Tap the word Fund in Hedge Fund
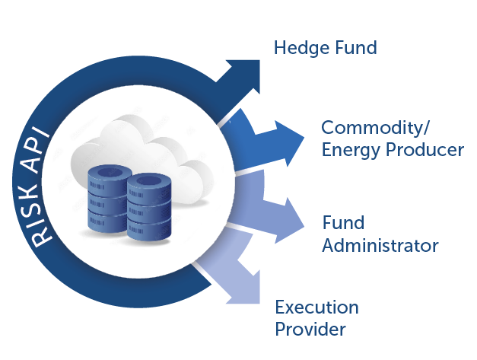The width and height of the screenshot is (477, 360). click(x=355, y=47)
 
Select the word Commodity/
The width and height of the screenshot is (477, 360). click(x=375, y=128)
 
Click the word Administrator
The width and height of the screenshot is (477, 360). click(x=380, y=245)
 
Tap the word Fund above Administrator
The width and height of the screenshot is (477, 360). click(x=343, y=222)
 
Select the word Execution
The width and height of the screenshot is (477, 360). click(x=316, y=307)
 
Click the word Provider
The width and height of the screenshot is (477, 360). click(x=310, y=330)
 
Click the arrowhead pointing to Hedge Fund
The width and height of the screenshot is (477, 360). click(x=243, y=76)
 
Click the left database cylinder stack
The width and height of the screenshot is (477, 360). click(x=107, y=199)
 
